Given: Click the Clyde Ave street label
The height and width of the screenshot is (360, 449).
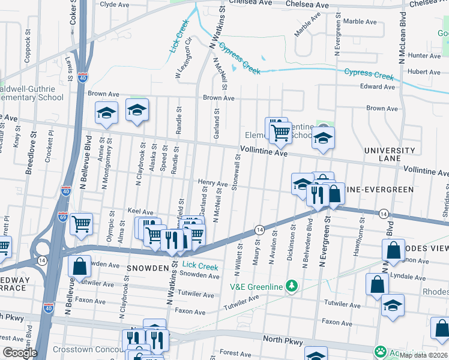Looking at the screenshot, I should point(114,4).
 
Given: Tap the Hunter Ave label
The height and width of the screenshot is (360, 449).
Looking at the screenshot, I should point(424,55).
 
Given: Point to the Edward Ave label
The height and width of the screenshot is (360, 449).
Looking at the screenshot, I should point(378,86).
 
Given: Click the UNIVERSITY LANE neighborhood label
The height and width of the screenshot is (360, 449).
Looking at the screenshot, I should point(388,155).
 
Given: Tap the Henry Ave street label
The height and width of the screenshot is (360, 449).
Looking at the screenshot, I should point(213,183).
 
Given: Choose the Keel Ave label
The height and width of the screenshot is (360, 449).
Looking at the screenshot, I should point(140,211).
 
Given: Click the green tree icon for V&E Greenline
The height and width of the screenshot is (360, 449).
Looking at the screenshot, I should point(292,286).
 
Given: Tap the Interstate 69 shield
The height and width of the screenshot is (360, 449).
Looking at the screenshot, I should point(62,216).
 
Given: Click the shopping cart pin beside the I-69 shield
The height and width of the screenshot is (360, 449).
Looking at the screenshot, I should point(81,224).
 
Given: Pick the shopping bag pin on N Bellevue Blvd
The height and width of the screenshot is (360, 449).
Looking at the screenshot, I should point(79,266).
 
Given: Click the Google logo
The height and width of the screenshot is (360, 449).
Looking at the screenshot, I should point(19,353).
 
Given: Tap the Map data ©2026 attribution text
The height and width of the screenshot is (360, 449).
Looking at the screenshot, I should point(423,355).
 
